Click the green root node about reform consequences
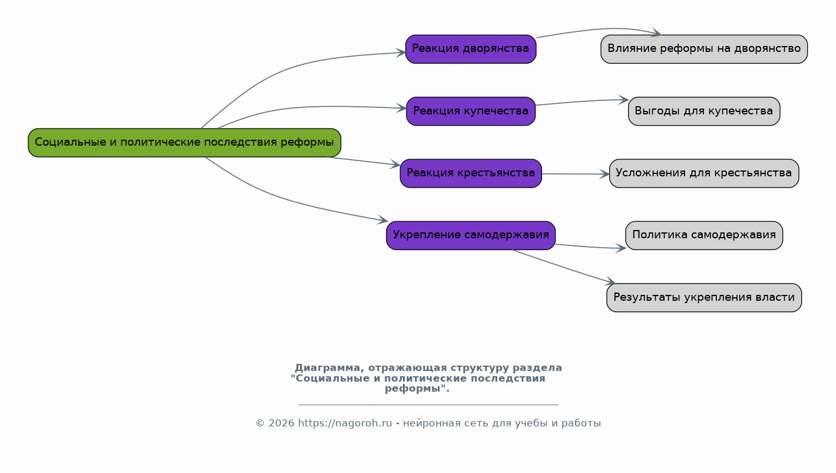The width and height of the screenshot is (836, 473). pos(184,143)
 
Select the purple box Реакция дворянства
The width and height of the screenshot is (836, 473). pos(471,50)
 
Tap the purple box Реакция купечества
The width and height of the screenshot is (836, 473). pos(471,111)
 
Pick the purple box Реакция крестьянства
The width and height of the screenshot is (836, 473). pos(471,173)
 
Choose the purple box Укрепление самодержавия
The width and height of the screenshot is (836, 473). pos(471,235)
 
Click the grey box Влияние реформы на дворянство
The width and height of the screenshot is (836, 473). pos(704,50)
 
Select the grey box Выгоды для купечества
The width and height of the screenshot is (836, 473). pos(704,111)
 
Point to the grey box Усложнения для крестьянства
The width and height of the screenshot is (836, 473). pos(704,173)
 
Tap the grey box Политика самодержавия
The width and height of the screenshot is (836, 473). pos(704,235)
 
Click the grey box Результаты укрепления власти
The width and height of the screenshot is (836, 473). pos(704,297)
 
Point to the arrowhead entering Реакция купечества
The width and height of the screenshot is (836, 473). pos(402,109)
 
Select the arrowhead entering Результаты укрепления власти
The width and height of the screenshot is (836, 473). pos(610,282)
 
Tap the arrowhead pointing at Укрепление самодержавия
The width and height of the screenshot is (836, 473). pos(383,220)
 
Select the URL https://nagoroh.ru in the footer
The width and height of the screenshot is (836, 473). pos(345,423)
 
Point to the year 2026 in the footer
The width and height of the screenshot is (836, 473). pos(282,423)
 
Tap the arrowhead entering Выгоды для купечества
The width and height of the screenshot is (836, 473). pos(624,100)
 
